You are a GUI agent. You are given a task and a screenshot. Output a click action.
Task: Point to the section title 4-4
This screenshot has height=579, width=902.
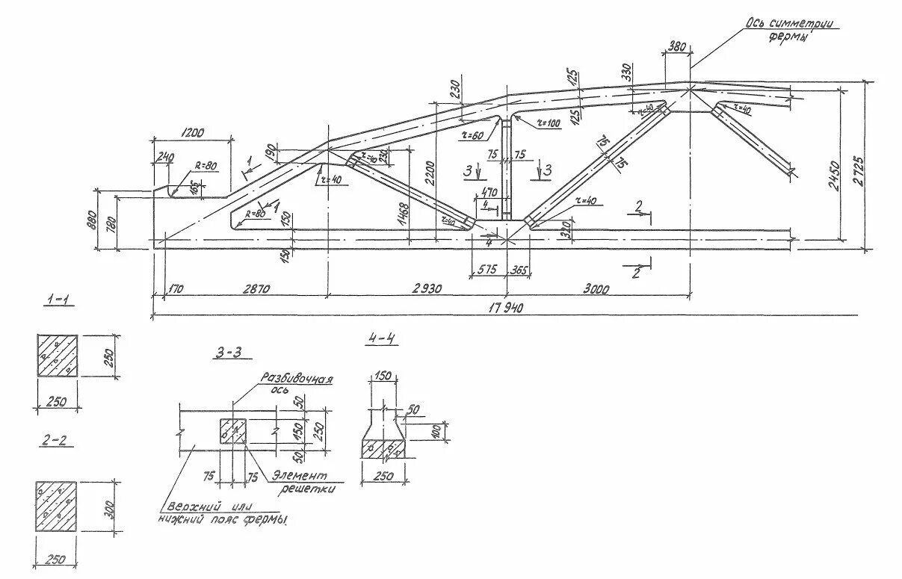coord(381,339)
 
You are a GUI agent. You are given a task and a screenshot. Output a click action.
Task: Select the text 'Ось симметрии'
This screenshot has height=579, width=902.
coord(790,23)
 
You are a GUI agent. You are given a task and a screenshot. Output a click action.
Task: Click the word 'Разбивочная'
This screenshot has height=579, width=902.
coord(297,379)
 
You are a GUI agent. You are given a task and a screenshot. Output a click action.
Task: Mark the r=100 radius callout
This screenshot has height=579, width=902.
coord(549,123)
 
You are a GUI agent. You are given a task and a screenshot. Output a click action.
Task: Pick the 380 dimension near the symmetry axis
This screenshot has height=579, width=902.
coord(676,46)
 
